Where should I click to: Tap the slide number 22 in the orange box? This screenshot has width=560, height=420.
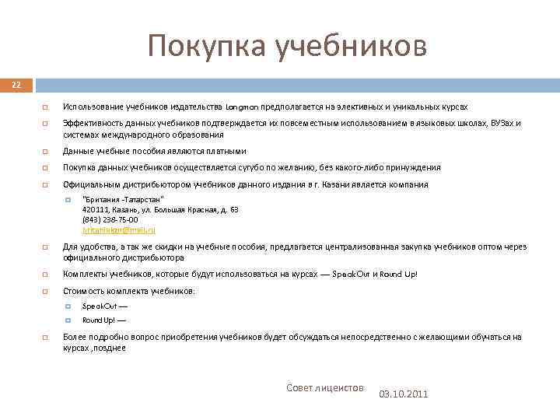(16, 84)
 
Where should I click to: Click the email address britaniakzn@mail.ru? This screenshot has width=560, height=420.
(119, 230)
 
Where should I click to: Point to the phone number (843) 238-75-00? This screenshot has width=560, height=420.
(110, 220)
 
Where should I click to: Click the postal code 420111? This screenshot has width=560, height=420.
(96, 210)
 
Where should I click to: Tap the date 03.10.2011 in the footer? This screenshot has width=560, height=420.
(403, 394)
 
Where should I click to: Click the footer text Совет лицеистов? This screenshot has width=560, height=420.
(325, 387)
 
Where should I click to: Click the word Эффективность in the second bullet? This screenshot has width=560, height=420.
(91, 123)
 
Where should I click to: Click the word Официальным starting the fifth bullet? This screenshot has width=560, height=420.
(88, 184)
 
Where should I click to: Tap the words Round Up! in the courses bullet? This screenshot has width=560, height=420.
(400, 275)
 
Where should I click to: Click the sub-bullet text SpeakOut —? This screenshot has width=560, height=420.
(105, 306)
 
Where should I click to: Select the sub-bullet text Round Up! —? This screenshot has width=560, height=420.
(104, 320)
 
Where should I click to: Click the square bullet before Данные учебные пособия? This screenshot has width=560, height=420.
(46, 151)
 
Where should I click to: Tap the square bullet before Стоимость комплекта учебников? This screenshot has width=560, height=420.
(46, 291)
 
